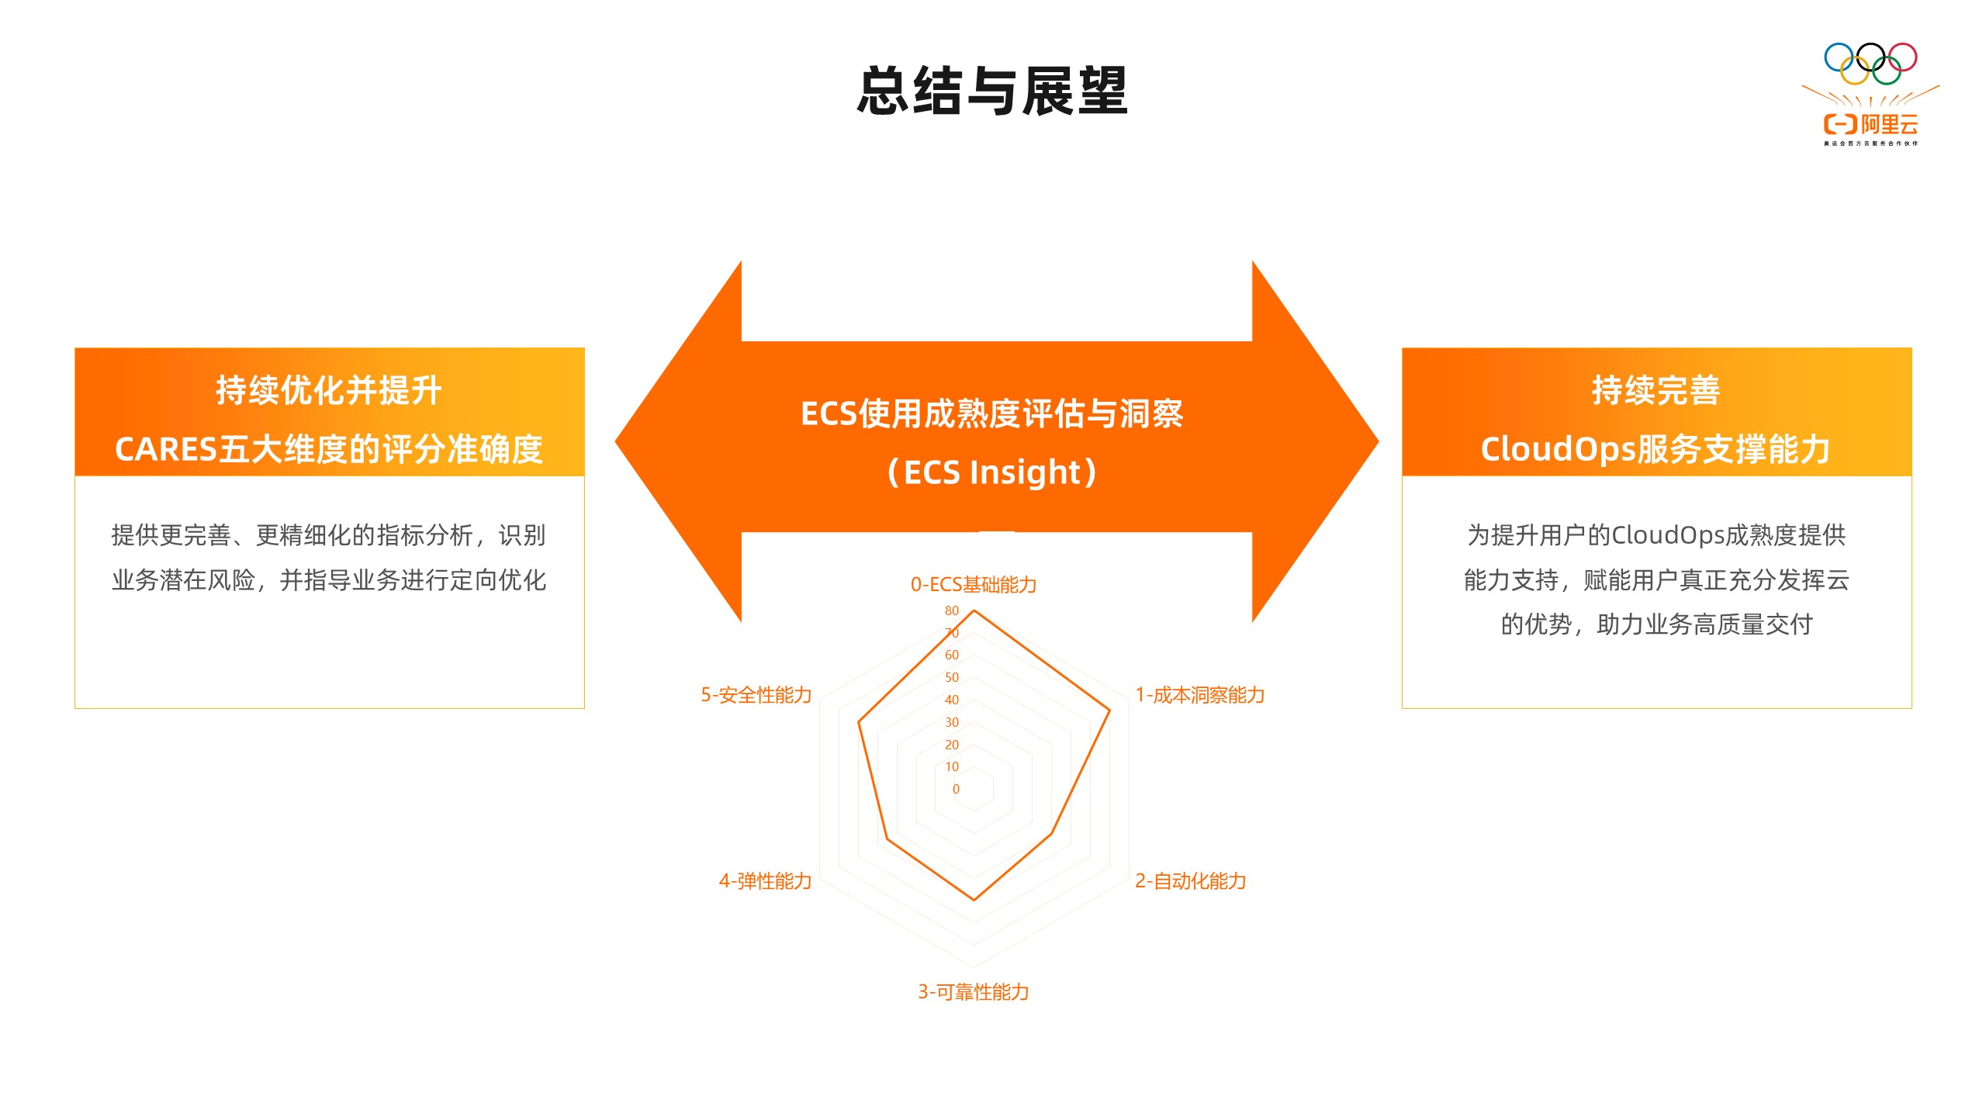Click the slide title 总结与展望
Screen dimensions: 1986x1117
(992, 92)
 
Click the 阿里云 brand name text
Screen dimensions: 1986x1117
(1889, 124)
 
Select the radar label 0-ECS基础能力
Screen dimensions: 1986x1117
(974, 584)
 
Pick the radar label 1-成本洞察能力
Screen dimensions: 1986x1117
(1200, 695)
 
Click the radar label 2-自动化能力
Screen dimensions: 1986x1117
(1191, 881)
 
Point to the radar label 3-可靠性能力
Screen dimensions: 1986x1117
(974, 992)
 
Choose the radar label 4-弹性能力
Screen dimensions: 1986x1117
(766, 881)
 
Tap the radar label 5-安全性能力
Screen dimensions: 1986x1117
(756, 695)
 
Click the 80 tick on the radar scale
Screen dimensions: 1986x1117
(952, 610)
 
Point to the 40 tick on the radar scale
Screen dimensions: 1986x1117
(952, 700)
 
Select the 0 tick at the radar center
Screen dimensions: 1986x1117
(956, 789)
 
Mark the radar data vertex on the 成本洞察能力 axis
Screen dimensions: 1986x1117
(1109, 710)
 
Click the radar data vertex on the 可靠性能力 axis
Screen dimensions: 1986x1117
(974, 900)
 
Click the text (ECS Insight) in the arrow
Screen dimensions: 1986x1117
(992, 472)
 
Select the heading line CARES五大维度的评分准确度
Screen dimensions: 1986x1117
(329, 449)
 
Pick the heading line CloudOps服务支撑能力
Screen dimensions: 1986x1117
(1656, 449)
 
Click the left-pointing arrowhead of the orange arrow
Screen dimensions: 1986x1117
(678, 441)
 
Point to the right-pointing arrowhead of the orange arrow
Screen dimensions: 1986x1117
(1316, 441)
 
